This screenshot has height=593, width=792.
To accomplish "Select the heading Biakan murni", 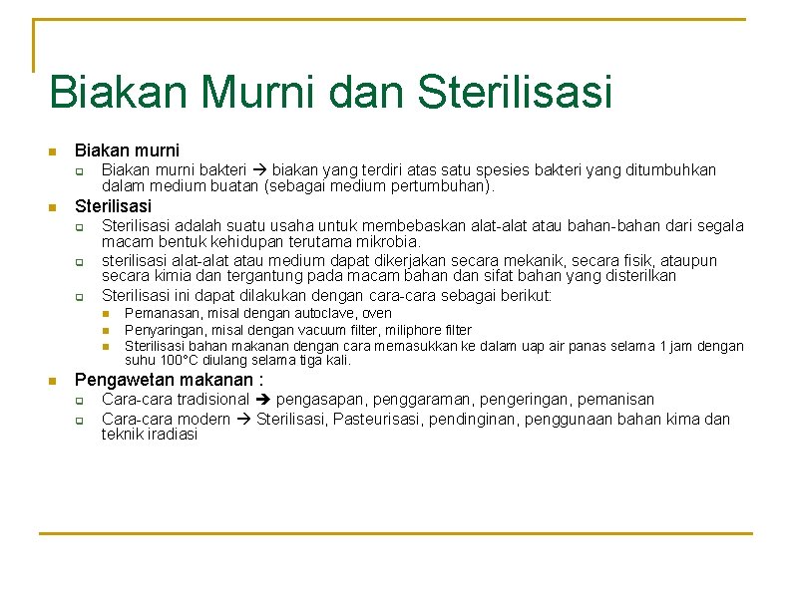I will coord(127,150).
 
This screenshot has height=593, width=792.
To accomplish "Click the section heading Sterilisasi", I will coord(114,206).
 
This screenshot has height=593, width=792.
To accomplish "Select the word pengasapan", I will coord(318,400).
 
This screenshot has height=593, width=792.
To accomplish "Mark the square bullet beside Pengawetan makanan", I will coord(53,381).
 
